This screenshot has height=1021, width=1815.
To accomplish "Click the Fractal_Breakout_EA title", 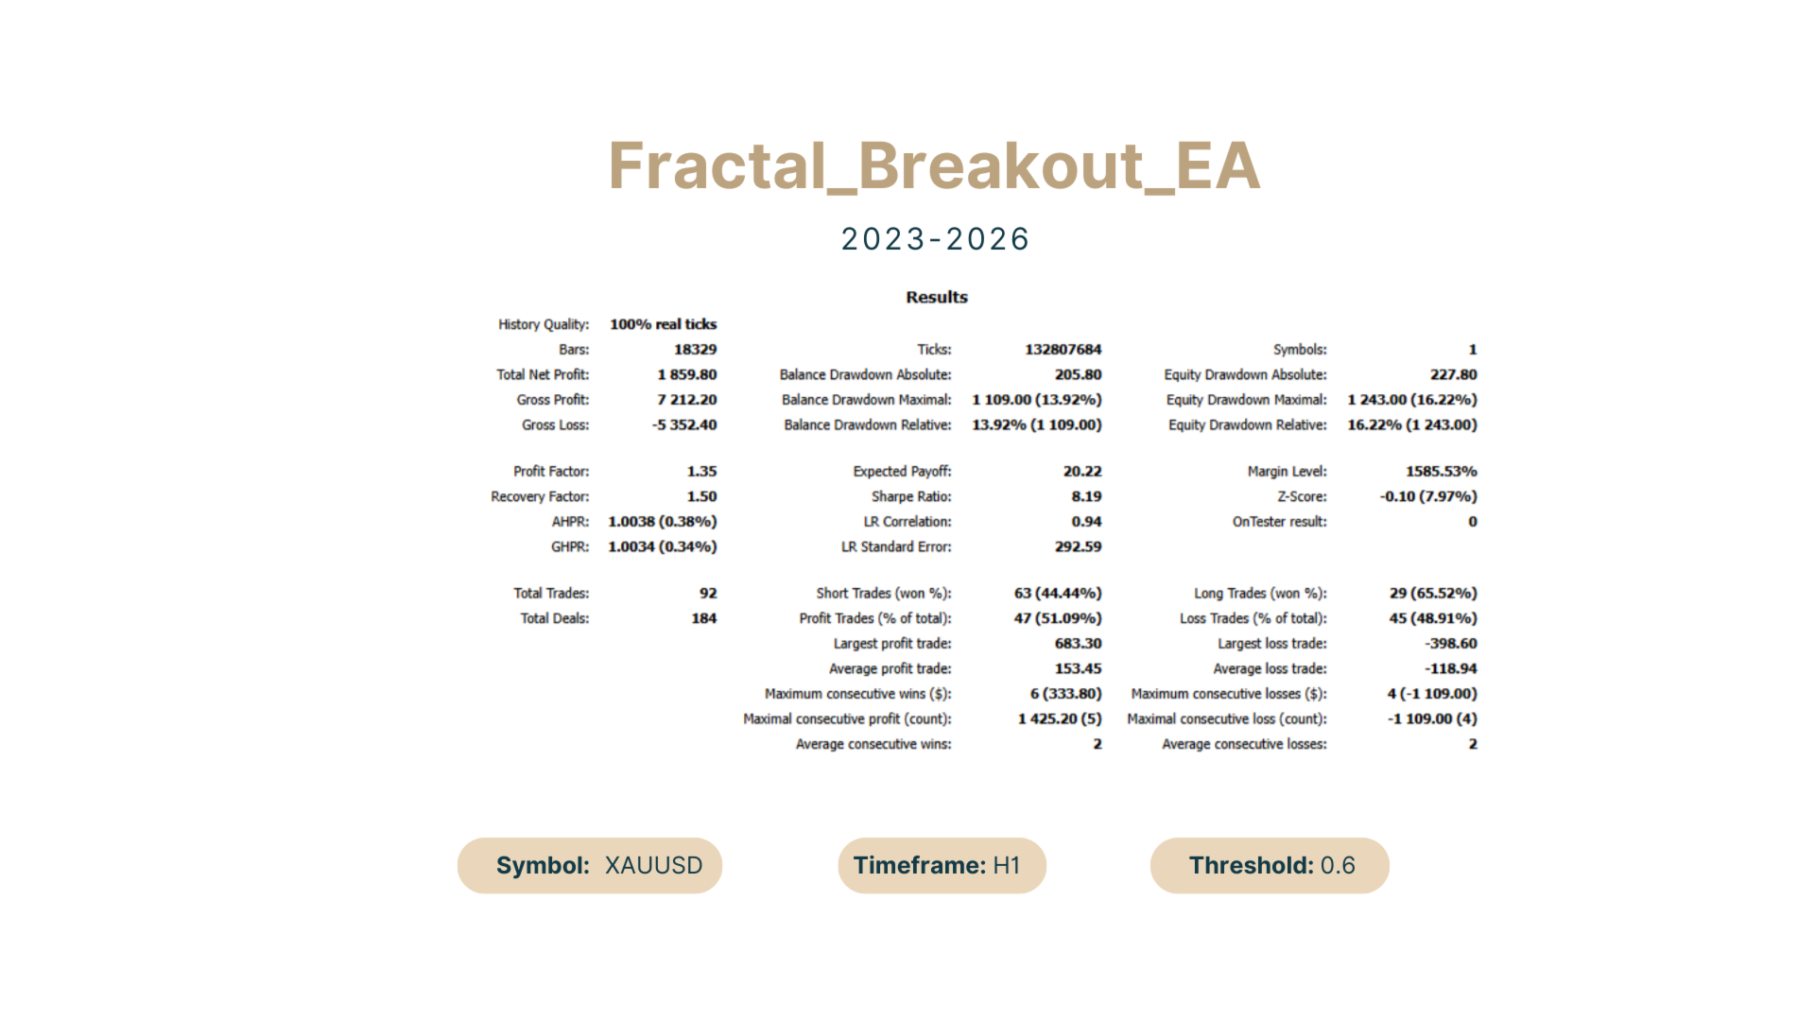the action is click(934, 166).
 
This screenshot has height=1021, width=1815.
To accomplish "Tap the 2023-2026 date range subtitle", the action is click(935, 239).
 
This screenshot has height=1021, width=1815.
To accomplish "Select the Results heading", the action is click(937, 297).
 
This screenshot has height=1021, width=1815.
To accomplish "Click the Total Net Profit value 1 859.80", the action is click(687, 374).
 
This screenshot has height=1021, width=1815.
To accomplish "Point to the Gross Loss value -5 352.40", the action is click(684, 425).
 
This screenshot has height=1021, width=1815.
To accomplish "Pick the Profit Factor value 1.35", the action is click(701, 471).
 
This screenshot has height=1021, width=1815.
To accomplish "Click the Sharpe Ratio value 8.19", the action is click(1086, 496).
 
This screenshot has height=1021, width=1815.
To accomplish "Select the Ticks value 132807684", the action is click(1063, 350).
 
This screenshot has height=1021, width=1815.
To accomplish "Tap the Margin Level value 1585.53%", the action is click(1441, 471).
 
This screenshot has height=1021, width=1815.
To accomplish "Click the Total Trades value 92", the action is click(708, 593).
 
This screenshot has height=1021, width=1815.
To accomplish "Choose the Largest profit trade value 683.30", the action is click(1079, 644).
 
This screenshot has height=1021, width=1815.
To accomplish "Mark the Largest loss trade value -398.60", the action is click(1451, 644).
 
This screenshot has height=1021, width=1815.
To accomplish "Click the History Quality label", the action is click(544, 324).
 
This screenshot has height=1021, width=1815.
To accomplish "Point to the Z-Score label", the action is click(1302, 496).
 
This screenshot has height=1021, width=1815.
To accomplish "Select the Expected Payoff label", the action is click(902, 471).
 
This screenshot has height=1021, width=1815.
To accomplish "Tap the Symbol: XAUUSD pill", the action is click(590, 865).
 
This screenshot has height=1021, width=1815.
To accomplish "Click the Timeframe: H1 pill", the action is click(942, 865).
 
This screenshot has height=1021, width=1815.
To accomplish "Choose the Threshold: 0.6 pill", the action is click(1270, 865).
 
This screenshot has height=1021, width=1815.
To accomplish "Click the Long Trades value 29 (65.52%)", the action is click(1433, 593).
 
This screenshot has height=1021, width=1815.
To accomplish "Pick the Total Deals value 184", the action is click(704, 618).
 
